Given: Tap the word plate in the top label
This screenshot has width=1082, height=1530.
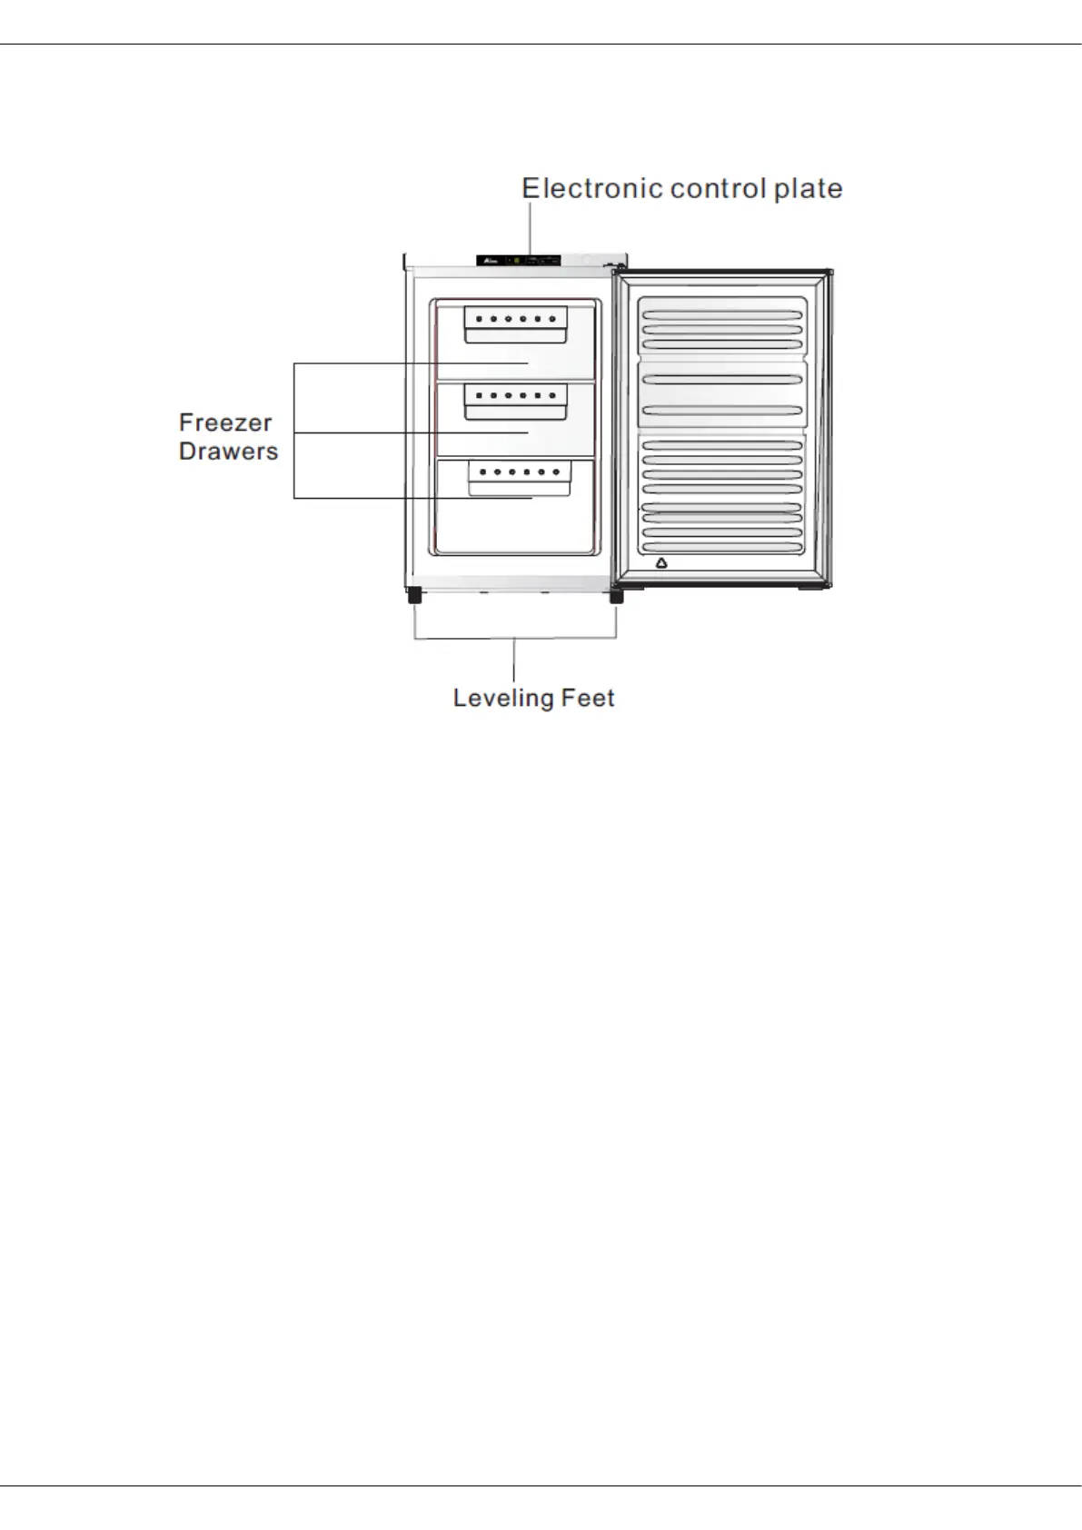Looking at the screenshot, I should click(808, 189).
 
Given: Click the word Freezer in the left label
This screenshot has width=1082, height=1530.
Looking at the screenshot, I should click(225, 422).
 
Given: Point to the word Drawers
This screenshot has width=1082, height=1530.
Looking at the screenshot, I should click(228, 452).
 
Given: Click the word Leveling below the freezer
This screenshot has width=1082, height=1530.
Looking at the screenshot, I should click(503, 698).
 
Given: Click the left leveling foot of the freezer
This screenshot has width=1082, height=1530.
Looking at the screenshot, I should click(414, 596).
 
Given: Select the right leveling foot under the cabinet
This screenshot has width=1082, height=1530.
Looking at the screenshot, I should click(616, 596).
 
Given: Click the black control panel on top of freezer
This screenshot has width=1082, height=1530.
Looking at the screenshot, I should click(518, 261).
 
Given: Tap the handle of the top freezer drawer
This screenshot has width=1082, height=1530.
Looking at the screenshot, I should click(516, 333).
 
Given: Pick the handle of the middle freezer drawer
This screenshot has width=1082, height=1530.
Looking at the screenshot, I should click(516, 411).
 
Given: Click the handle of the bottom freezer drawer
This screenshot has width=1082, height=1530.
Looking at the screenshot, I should click(519, 487).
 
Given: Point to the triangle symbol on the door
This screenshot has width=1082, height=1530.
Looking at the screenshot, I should click(661, 563).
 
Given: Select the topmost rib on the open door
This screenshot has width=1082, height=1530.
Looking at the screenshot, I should click(721, 315).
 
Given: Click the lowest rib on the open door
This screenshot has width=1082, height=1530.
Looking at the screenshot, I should click(721, 547).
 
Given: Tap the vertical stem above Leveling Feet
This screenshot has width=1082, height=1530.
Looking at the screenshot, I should click(515, 661).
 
